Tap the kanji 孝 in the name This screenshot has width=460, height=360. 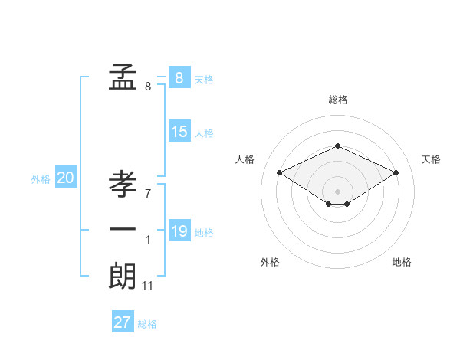[x=123, y=185]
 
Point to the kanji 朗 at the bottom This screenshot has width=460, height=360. [x=123, y=276]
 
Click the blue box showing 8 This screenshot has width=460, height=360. [x=179, y=77]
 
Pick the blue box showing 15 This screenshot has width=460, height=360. [x=179, y=132]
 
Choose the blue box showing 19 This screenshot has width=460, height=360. [x=179, y=231]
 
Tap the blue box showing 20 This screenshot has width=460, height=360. [x=65, y=178]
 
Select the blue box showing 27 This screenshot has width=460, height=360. [x=122, y=322]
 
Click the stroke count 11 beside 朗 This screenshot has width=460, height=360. [x=148, y=286]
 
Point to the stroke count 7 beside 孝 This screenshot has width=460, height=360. [x=148, y=193]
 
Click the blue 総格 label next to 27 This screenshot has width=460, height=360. [x=147, y=324]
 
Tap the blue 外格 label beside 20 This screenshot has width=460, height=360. [x=41, y=179]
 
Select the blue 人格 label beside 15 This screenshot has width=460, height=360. [x=204, y=133]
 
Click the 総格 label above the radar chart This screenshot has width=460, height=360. [x=337, y=100]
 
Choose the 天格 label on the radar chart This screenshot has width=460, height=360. [x=431, y=159]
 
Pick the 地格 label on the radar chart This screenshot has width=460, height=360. [x=402, y=262]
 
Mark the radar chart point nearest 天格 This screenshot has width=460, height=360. [x=396, y=172]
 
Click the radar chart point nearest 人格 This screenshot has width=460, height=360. [x=279, y=172]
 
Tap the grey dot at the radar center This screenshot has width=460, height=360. [x=337, y=190]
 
